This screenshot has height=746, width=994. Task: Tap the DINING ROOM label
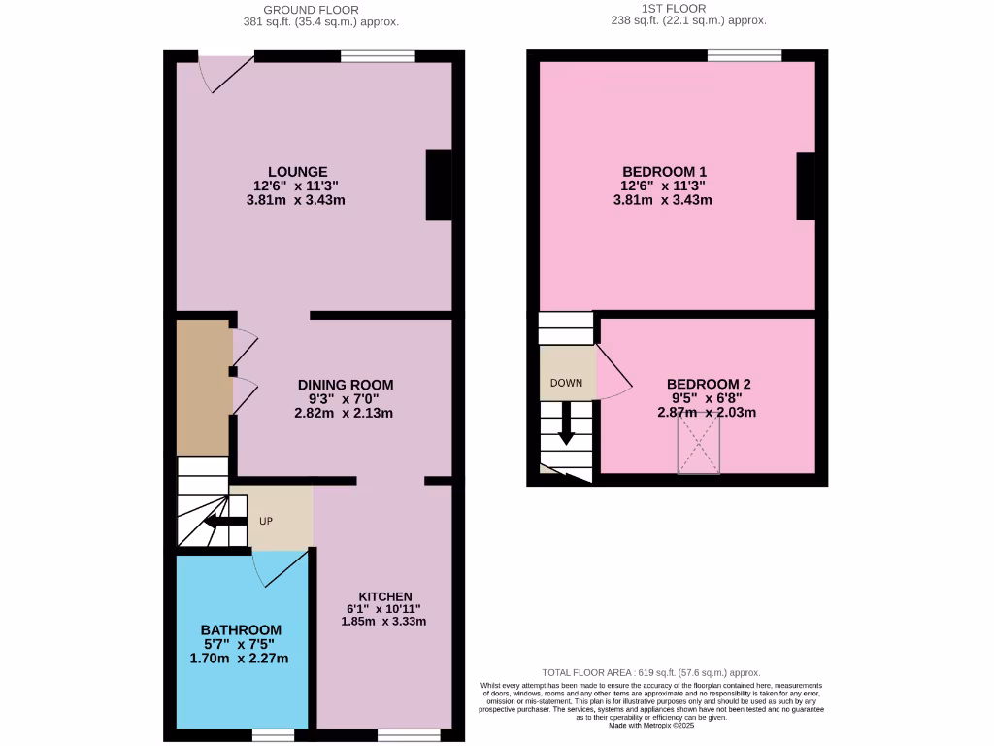[346, 385]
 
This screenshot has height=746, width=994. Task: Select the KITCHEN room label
[385, 596]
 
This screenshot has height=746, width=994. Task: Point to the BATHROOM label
[241, 629]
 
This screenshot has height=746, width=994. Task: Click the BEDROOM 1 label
[664, 171]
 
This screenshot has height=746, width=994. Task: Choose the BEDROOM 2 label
[708, 384]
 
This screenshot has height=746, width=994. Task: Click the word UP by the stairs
[266, 521]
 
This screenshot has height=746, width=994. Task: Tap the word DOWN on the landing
[566, 383]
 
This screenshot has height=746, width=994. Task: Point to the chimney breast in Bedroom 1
[806, 186]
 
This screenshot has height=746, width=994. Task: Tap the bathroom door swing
[279, 567]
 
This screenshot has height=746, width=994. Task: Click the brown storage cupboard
[203, 388]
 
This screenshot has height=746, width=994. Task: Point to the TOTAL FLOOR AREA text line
[649, 672]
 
